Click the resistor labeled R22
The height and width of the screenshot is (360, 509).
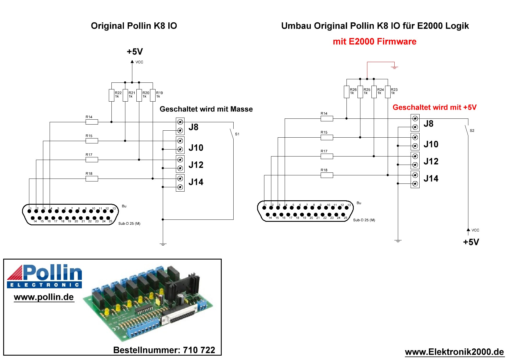(111, 95)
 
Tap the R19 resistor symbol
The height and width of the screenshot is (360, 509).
(153, 95)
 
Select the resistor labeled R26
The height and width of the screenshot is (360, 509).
(346, 92)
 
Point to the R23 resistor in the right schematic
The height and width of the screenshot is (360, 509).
(388, 92)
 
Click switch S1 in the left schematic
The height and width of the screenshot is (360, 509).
(232, 134)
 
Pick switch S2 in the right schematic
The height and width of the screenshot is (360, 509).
(467, 130)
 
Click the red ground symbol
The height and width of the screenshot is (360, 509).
(394, 67)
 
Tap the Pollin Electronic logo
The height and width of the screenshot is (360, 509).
(44, 276)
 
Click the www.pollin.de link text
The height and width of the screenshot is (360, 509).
(44, 297)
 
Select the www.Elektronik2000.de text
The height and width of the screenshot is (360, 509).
(454, 352)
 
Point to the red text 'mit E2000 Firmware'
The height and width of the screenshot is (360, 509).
(374, 42)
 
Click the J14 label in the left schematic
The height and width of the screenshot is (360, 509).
(196, 182)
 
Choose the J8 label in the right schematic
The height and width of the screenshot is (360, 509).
(428, 124)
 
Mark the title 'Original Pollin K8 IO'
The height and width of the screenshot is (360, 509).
(134, 26)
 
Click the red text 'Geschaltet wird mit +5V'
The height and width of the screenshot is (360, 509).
(434, 107)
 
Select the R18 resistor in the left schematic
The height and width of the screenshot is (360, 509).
(92, 179)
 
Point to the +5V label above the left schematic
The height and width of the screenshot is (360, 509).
(135, 52)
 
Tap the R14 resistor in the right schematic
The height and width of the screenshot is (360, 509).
(327, 118)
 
